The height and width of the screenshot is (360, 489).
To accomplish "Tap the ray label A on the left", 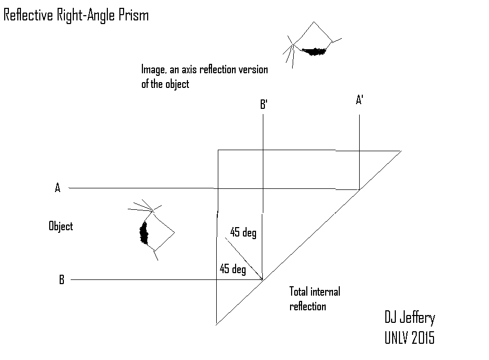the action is (58, 188).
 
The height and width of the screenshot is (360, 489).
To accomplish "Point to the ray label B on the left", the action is (62, 279).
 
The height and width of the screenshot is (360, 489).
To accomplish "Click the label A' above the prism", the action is (360, 100).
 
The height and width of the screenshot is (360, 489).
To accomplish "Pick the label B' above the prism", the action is (264, 104).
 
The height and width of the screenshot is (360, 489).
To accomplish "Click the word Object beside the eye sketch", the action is (61, 226).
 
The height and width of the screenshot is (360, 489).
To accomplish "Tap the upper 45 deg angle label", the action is (243, 232).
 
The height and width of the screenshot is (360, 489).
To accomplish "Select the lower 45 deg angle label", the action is (232, 268).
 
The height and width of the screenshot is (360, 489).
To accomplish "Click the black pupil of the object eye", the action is (143, 233).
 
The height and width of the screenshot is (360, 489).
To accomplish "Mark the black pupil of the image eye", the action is (314, 51).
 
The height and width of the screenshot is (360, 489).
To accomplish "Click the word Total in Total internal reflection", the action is (298, 292).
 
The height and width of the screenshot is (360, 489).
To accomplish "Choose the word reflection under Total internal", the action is (308, 307).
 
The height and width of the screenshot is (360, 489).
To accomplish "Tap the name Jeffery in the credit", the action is (417, 318).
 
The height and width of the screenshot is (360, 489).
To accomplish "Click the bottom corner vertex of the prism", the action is (216, 325).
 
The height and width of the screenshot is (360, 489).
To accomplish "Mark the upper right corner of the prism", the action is (401, 151).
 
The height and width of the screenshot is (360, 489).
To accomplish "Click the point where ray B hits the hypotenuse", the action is (263, 280).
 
